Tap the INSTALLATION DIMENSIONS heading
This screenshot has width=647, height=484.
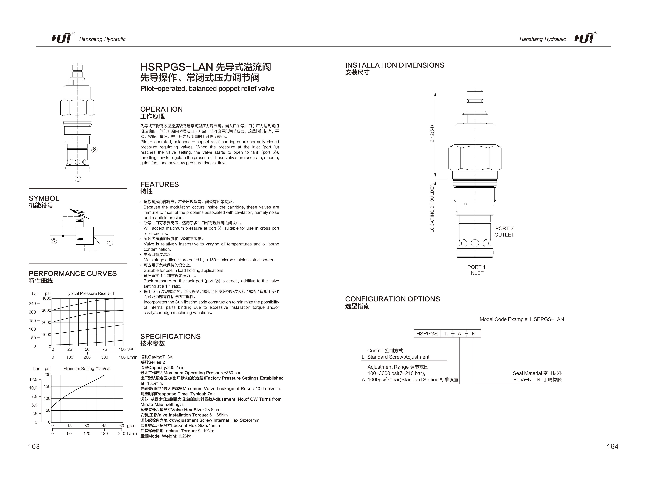(395, 65)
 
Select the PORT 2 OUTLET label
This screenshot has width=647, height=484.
(504, 231)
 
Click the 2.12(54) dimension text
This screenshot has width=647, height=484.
(432, 134)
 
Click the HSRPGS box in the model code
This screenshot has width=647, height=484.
(427, 334)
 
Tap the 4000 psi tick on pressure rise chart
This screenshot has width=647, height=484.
(46, 298)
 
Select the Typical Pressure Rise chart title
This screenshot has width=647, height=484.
(90, 294)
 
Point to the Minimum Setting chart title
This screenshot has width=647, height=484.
(87, 369)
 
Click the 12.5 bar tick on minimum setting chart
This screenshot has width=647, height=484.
(33, 379)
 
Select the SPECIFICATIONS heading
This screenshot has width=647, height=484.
(170, 337)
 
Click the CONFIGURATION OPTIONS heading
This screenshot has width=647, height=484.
(392, 299)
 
